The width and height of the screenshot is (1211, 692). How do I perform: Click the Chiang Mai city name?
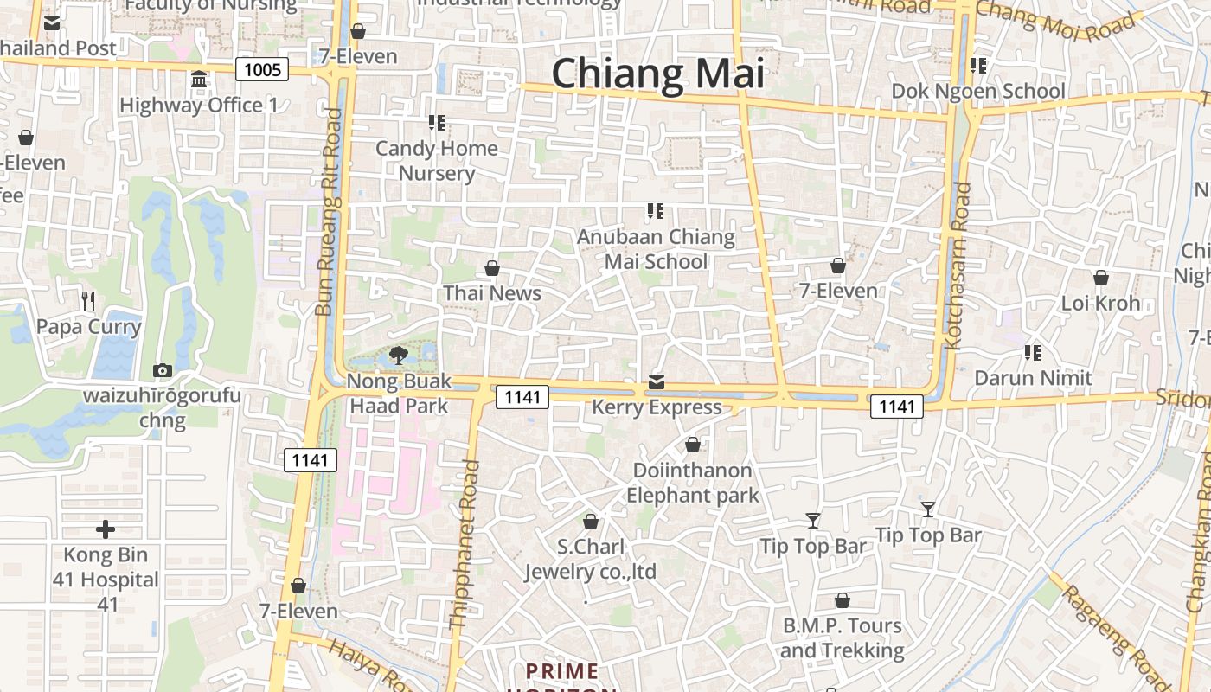pos(658,74)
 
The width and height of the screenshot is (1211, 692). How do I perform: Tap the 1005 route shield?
pos(261,69)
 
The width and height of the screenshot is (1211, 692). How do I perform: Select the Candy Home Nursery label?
pos(437,161)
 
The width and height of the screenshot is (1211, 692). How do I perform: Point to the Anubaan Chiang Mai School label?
pos(656,249)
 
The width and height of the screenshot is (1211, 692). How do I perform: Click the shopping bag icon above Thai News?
pos(492,268)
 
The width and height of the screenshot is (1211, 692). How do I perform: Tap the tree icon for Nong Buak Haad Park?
pos(399,354)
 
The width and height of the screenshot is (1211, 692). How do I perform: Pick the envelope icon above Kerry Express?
pos(657,382)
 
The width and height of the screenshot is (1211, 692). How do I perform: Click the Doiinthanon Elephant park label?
pos(692,483)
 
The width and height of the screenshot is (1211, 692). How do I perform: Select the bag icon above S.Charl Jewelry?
pos(591,522)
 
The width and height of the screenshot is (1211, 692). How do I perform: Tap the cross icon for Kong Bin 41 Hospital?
pos(106,529)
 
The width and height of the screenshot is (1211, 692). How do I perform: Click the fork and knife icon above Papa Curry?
pos(87,301)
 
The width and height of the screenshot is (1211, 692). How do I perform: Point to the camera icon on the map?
pos(162,371)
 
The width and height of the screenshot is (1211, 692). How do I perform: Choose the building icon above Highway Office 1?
pos(199,80)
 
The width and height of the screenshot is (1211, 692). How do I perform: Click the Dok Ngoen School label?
pos(978,91)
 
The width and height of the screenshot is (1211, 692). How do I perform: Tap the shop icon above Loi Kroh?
pos(1101,278)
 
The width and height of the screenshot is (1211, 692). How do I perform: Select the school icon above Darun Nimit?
pos(1032,353)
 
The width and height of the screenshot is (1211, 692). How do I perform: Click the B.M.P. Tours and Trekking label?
pos(842,638)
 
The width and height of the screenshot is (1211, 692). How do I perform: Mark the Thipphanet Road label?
pos(465,545)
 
